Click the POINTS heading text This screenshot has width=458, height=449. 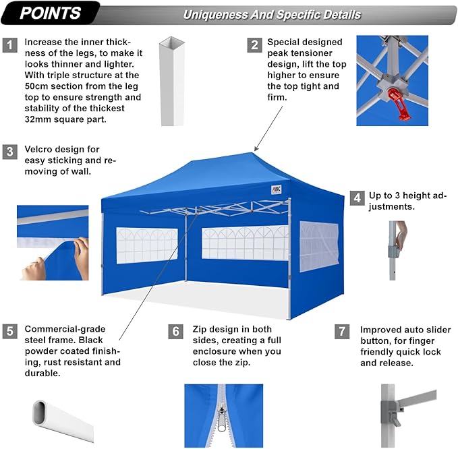[51, 13]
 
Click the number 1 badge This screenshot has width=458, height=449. [9, 45]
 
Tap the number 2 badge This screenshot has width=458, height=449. [254, 45]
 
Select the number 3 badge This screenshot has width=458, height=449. [9, 152]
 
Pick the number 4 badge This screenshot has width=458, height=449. [357, 198]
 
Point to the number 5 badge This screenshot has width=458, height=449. [9, 331]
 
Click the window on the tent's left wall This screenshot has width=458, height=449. [147, 244]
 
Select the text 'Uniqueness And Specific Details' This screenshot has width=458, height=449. [272, 14]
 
